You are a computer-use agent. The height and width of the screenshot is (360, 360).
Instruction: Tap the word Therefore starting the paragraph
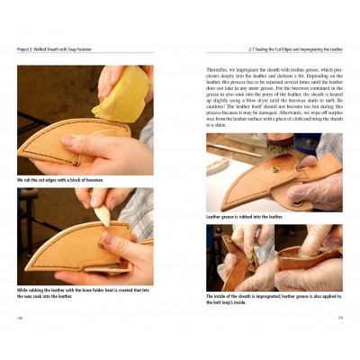(220, 66)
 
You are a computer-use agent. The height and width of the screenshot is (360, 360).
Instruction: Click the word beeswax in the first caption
(94, 179)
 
